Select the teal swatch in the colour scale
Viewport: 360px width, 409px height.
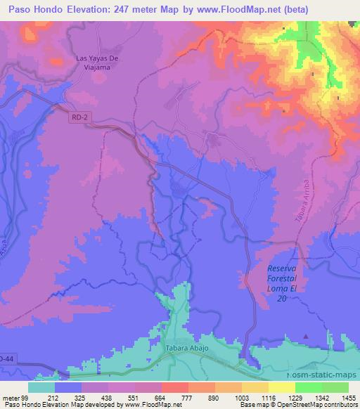pos(41,387)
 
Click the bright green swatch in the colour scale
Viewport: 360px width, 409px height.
pos(309,387)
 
